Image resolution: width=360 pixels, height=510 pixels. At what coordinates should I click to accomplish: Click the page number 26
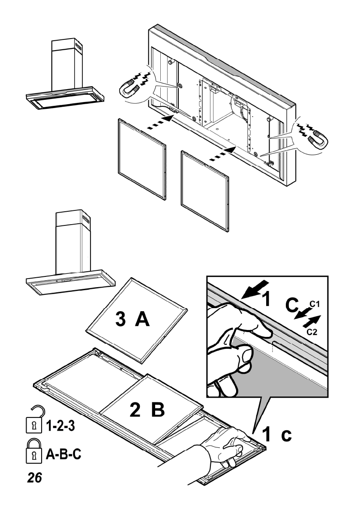[x=35, y=477]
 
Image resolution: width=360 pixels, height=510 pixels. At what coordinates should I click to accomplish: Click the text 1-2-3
[x=60, y=426]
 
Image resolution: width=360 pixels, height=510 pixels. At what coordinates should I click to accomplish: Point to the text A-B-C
[x=63, y=454]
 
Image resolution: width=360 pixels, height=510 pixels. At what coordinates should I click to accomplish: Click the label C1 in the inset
[x=314, y=304]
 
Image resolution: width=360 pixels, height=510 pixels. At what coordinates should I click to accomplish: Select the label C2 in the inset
[x=312, y=332]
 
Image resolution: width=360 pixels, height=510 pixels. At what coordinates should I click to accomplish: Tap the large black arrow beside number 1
[x=256, y=289]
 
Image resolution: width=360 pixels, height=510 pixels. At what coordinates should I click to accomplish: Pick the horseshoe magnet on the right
[x=318, y=139]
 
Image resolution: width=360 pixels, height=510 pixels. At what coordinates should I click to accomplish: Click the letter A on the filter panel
[x=142, y=319]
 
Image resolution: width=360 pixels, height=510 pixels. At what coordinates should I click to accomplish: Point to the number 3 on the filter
[x=120, y=319]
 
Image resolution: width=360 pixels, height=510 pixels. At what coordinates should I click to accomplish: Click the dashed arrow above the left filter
[x=160, y=122]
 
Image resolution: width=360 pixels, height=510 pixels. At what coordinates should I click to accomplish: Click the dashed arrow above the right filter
[x=222, y=153]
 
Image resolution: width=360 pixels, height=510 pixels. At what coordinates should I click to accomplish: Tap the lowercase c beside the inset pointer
[x=287, y=435]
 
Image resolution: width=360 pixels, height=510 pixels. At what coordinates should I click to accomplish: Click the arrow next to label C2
[x=312, y=321]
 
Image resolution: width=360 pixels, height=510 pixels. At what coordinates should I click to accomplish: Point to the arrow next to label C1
[x=302, y=314]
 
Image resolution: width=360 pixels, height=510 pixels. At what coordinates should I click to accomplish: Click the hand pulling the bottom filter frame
[x=225, y=446]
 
